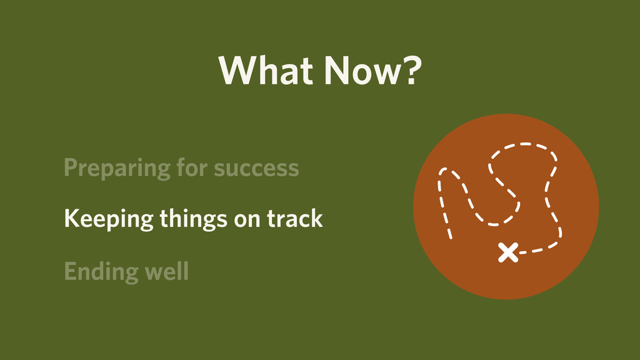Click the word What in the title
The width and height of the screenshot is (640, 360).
266,70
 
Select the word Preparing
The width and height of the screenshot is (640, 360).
117,168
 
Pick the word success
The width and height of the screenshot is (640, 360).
256,169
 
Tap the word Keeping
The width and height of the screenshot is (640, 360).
109,219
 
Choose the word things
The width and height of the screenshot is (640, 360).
193,219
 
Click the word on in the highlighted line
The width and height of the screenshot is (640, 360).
247,220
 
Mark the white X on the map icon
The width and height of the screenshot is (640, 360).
508,252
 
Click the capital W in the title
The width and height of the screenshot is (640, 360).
236,70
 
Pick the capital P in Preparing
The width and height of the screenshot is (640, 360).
71,167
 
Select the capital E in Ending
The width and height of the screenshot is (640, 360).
71,271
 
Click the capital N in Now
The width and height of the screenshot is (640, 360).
337,70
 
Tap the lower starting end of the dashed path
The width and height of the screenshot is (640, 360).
451,237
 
